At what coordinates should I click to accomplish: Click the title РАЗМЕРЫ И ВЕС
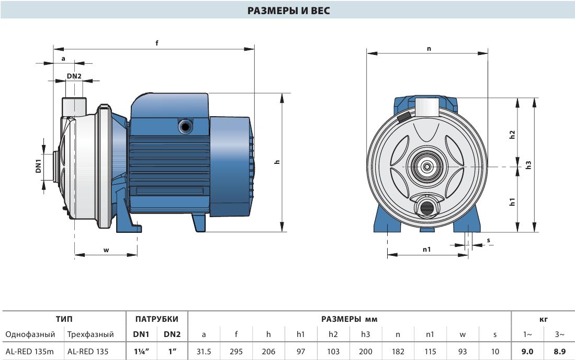(x=288, y=10)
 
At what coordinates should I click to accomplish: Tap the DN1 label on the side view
(x=39, y=166)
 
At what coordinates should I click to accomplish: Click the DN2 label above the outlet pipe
(x=74, y=76)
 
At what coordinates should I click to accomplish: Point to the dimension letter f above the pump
(x=157, y=43)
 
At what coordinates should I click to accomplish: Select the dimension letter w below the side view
(x=106, y=251)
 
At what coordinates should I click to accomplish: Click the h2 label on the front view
(x=512, y=134)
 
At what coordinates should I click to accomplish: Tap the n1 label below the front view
(x=426, y=249)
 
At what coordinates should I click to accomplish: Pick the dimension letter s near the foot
(x=489, y=241)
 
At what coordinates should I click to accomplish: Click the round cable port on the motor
(x=185, y=127)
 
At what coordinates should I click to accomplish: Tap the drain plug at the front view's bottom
(x=426, y=208)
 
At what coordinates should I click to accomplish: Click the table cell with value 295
(x=236, y=352)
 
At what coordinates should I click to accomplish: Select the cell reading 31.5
(x=204, y=352)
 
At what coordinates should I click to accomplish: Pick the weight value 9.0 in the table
(x=527, y=352)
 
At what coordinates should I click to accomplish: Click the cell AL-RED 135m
(x=29, y=352)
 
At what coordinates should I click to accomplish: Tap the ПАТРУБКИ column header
(x=156, y=319)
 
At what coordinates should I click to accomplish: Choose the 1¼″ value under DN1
(x=142, y=352)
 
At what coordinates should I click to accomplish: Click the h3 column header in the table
(x=366, y=334)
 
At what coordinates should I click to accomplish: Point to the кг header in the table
(x=544, y=319)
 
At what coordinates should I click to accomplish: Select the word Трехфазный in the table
(x=91, y=334)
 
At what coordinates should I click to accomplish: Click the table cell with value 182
(x=398, y=352)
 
